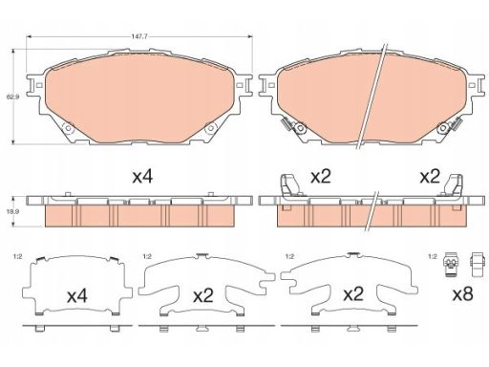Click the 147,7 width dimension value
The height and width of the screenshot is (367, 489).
coord(139,36)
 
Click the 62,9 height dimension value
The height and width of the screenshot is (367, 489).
coord(12,97)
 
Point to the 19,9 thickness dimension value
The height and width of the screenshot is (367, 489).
coord(12,211)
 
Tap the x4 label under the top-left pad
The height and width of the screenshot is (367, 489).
coord(142,177)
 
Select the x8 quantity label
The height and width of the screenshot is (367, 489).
coord(462,294)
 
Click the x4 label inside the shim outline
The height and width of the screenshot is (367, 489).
coord(77,296)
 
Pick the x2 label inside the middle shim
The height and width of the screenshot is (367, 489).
coord(203,296)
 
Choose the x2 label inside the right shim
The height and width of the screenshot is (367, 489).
coord(353,294)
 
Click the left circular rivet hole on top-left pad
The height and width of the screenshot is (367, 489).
coord(68,128)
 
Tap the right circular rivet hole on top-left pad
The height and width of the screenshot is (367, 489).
coord(210,128)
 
